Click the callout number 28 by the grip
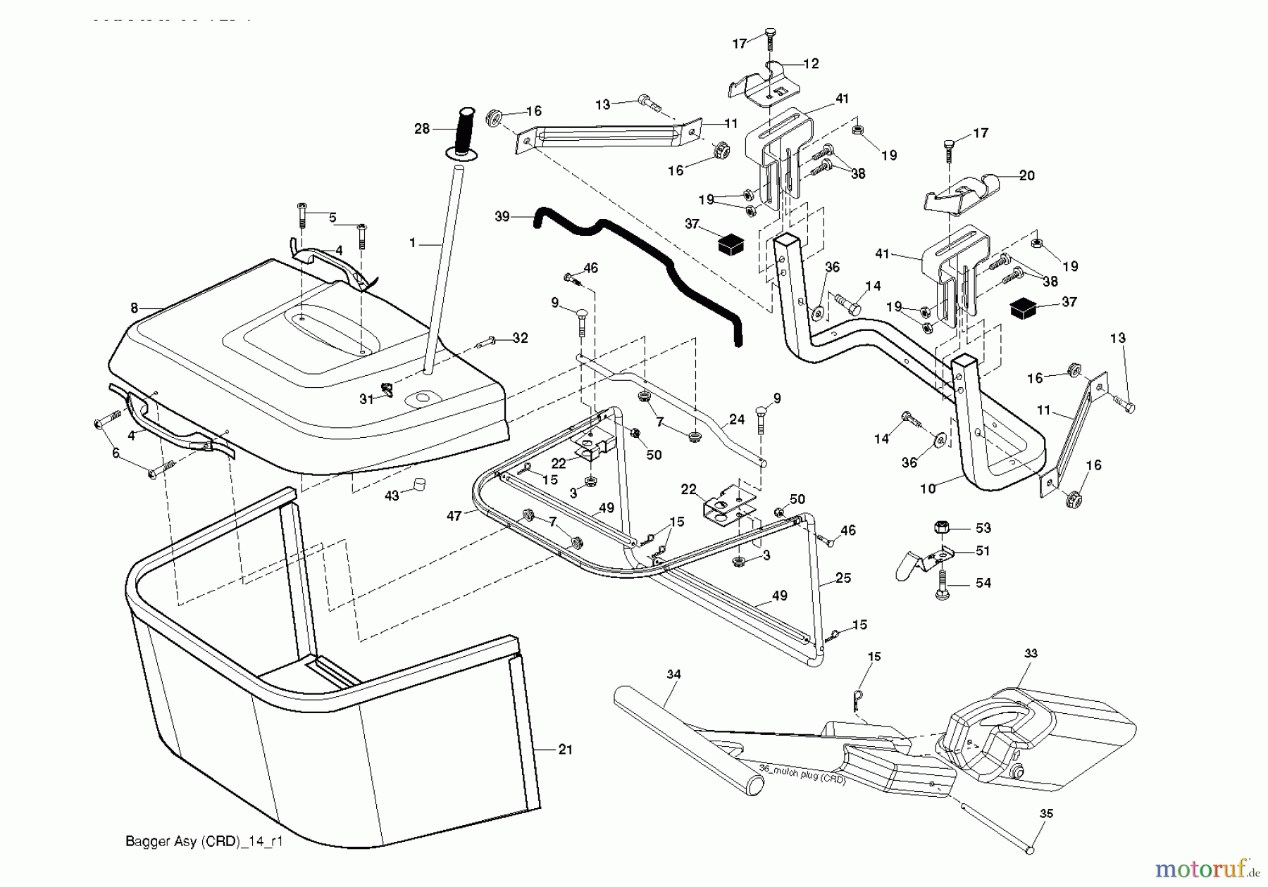click(421, 130)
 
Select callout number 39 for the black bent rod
click(502, 217)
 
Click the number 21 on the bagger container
click(565, 750)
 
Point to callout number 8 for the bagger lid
click(134, 308)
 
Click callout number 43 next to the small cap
click(391, 496)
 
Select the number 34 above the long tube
click(673, 674)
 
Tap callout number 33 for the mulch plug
click(1031, 653)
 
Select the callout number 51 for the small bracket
click(983, 551)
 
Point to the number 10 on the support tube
click(928, 489)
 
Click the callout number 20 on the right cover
click(1026, 175)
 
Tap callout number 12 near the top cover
click(811, 64)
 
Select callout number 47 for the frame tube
click(454, 516)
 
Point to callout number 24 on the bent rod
click(736, 420)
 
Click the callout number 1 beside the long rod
click(413, 243)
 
